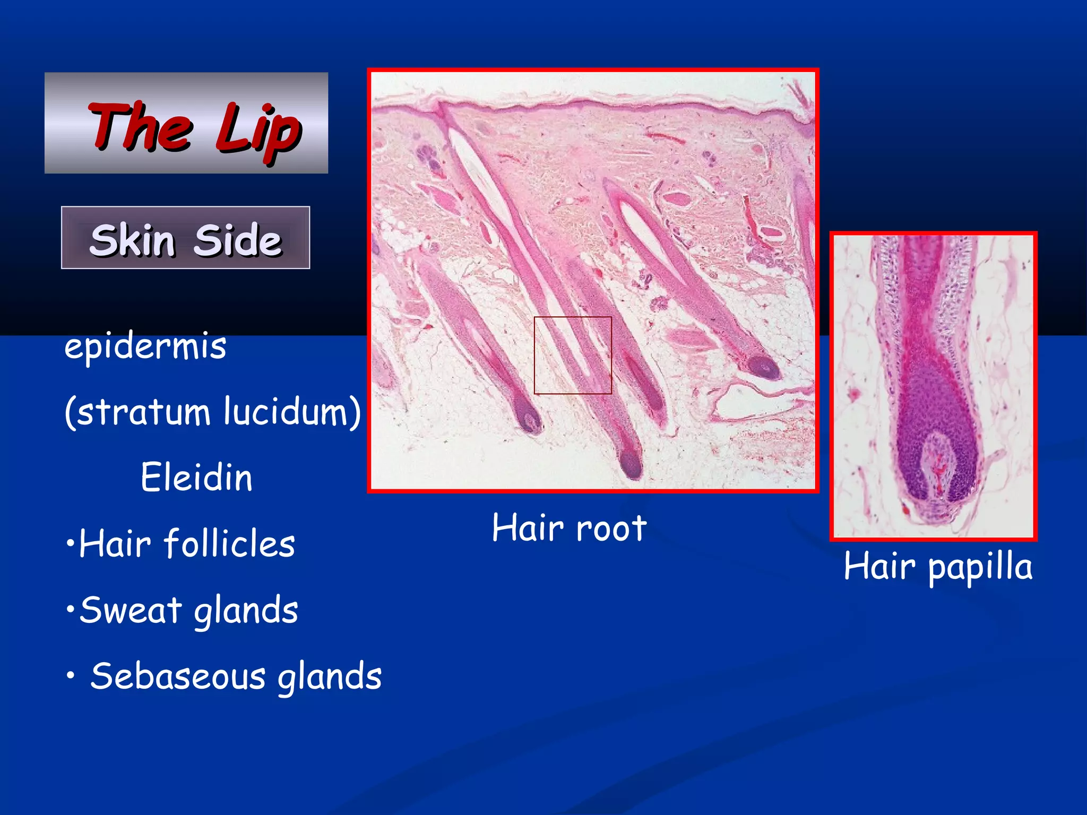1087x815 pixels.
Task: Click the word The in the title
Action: point(141,126)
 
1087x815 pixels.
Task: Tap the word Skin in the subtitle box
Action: point(132,240)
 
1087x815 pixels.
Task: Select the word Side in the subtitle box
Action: point(237,240)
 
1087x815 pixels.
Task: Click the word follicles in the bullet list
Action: point(229,544)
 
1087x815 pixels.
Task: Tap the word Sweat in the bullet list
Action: point(131,610)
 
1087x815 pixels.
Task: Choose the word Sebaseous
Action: point(178,677)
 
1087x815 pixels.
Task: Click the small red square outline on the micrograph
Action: point(573,317)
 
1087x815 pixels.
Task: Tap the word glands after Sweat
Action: point(246,611)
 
